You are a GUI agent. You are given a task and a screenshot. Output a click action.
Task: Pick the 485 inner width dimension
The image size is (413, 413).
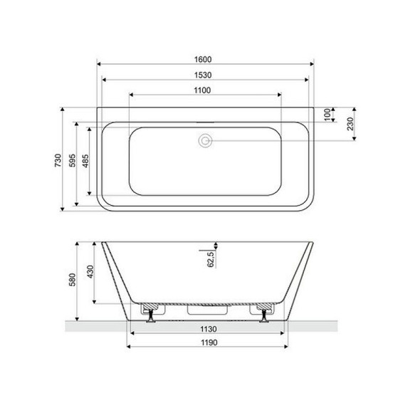click(85, 161)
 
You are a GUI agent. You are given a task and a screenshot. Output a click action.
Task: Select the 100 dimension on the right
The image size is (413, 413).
click(328, 115)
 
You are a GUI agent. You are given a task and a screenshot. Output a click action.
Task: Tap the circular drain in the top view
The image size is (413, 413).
click(206, 141)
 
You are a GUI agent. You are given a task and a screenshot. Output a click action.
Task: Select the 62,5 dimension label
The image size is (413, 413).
click(210, 257)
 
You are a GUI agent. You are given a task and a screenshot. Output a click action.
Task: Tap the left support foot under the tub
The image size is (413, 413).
click(150, 310)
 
